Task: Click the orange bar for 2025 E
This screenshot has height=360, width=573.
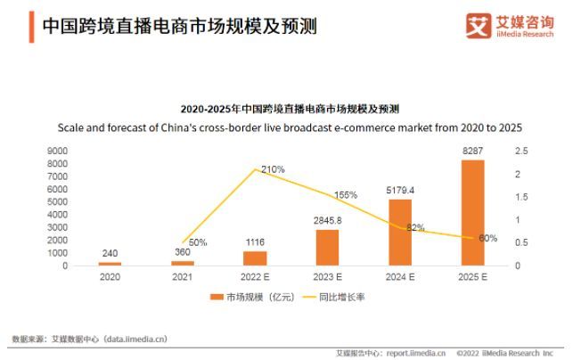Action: pyautogui.click(x=472, y=213)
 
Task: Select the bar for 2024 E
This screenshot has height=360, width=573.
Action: pyautogui.click(x=400, y=233)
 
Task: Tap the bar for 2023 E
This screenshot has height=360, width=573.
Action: pyautogui.click(x=327, y=248)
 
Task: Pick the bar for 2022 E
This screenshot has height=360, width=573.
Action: pyautogui.click(x=255, y=258)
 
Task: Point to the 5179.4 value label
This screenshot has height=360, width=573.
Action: pyautogui.click(x=400, y=190)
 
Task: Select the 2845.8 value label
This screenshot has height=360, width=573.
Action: pyautogui.click(x=327, y=220)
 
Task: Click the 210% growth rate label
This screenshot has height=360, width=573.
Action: pyautogui.click(x=273, y=169)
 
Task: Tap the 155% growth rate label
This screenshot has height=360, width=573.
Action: pyautogui.click(x=345, y=194)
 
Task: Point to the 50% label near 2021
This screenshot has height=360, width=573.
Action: pyautogui.click(x=198, y=242)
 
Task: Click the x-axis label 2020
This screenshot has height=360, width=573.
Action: pyautogui.click(x=110, y=277)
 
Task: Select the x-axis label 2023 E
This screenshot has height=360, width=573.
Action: pyautogui.click(x=327, y=277)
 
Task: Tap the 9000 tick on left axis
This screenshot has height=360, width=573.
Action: pyautogui.click(x=57, y=151)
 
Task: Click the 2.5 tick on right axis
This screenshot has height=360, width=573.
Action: pyautogui.click(x=522, y=151)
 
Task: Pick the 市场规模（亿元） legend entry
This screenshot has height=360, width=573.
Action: pyautogui.click(x=243, y=297)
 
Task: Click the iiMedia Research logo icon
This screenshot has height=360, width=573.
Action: pyautogui.click(x=478, y=24)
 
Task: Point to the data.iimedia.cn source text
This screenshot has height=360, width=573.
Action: pyautogui.click(x=89, y=339)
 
